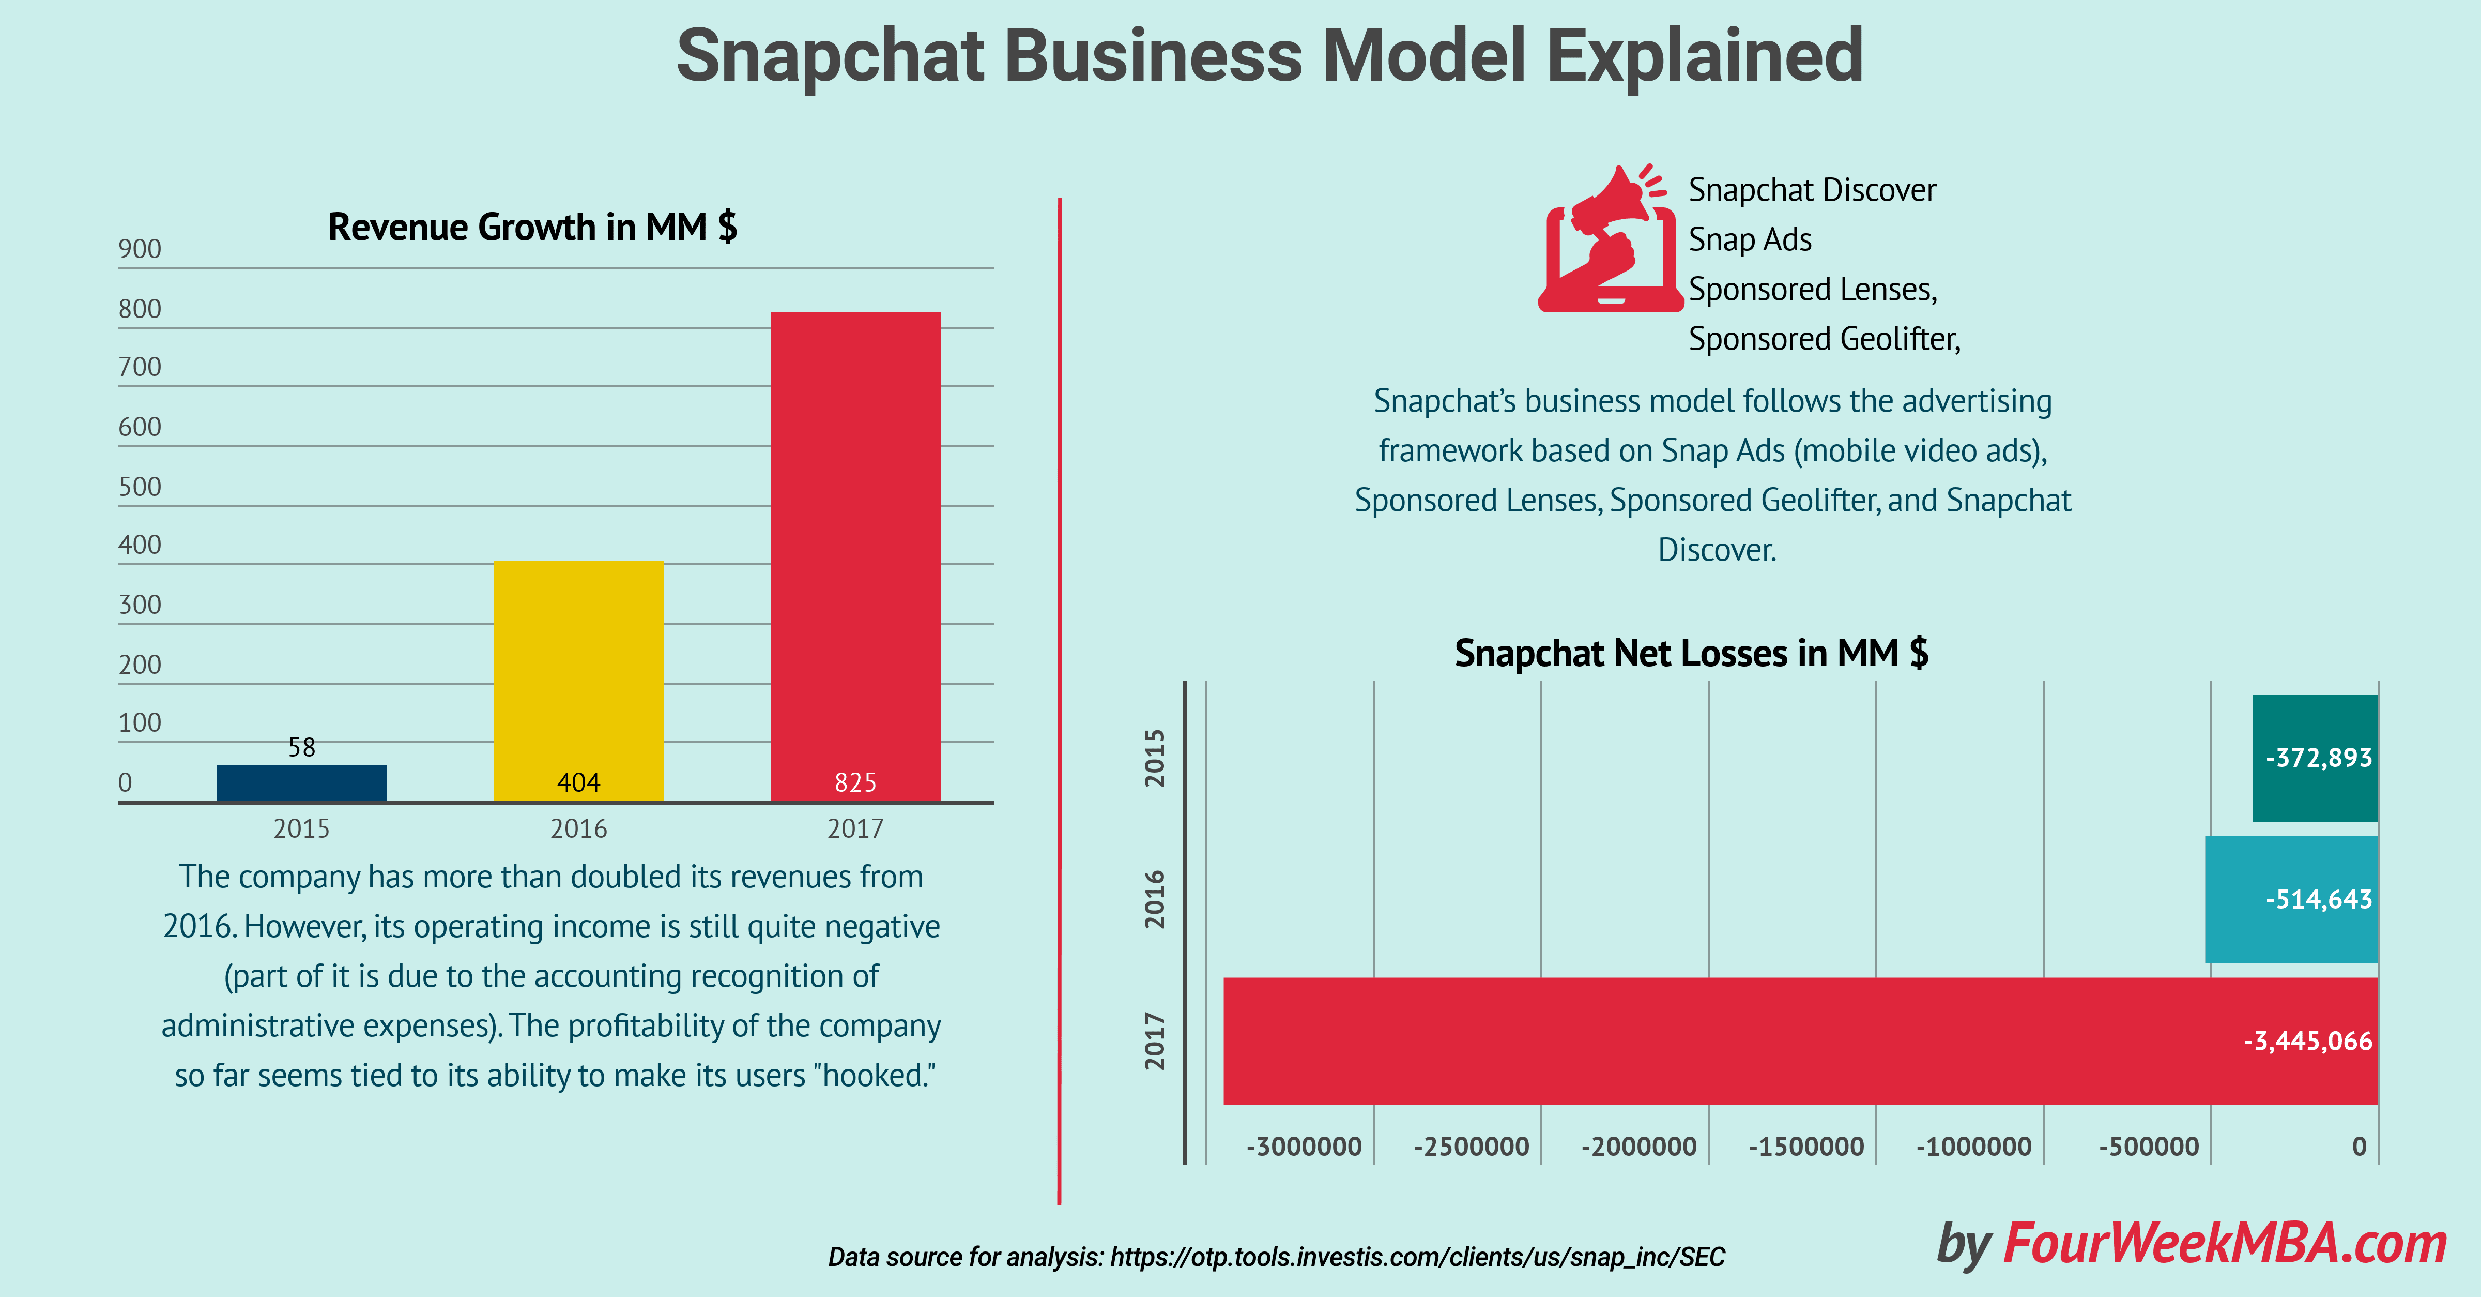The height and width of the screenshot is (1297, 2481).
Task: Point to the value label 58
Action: (x=301, y=748)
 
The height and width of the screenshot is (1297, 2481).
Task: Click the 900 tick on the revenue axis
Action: (x=140, y=250)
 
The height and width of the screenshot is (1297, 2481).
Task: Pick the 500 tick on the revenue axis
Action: (x=140, y=488)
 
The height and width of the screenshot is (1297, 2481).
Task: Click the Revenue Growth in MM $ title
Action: (x=532, y=228)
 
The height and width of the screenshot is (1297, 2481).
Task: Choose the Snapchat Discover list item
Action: (x=1812, y=190)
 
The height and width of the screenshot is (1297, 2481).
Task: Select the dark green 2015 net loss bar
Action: (x=2315, y=758)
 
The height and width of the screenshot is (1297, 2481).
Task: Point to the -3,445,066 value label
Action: (x=2308, y=1042)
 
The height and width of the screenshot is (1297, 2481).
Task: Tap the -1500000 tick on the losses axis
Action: (x=1806, y=1147)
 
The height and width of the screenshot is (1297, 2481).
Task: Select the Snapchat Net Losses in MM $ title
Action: (x=1691, y=653)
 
